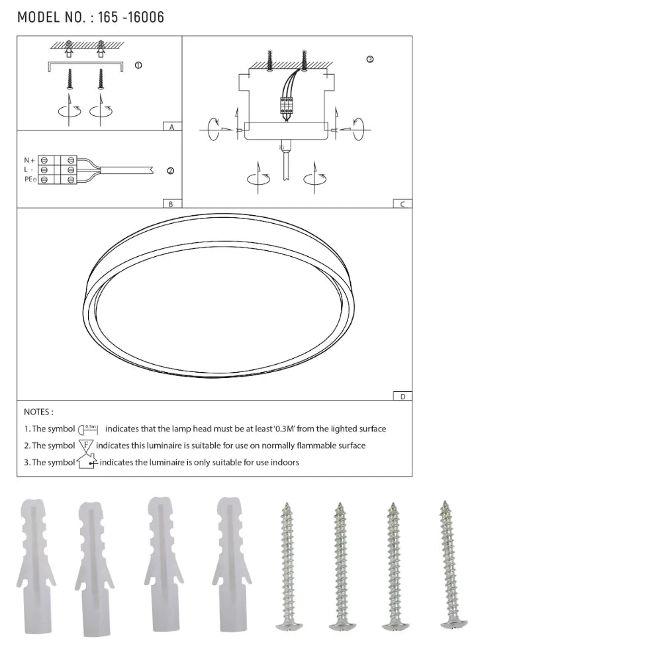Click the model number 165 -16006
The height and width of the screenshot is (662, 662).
tap(130, 17)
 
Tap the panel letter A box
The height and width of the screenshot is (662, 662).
tap(171, 126)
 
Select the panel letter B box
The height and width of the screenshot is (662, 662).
tap(171, 204)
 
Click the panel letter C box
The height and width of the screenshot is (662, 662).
tap(402, 204)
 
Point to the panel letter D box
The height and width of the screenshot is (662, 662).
tap(402, 396)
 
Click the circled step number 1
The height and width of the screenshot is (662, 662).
tap(138, 66)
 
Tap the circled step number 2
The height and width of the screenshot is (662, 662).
tap(170, 171)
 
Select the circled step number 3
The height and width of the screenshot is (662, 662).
tap(369, 59)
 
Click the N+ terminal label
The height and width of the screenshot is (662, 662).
tap(29, 160)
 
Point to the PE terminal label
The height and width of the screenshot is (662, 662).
tap(30, 179)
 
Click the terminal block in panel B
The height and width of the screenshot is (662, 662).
tap(58, 170)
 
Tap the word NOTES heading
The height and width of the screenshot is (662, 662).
tap(38, 412)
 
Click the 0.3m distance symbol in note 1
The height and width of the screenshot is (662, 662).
tap(88, 428)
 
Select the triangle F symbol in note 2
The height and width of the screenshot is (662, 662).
tap(86, 446)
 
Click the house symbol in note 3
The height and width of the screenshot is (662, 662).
tap(87, 461)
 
